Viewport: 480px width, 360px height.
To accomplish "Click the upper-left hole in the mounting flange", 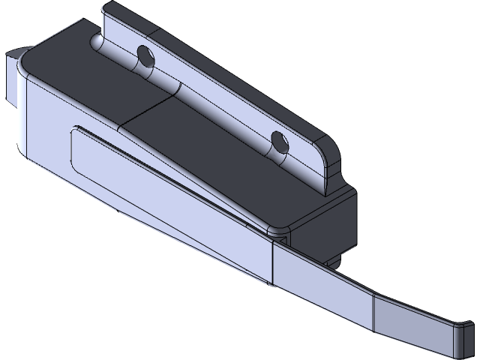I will click(x=145, y=55).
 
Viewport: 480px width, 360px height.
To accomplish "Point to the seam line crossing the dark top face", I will click(x=150, y=112).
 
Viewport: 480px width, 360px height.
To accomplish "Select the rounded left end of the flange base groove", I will click(x=97, y=41).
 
